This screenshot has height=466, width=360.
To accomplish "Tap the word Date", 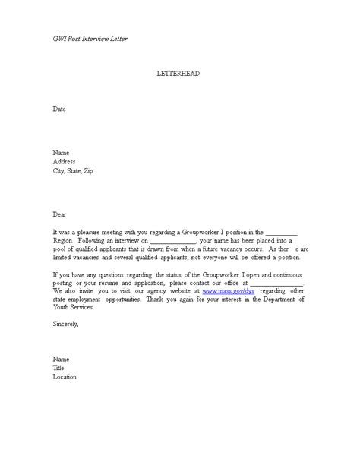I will [x=59, y=109].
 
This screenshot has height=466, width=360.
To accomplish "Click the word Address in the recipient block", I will [x=65, y=161].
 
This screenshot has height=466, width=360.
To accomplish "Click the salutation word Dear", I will [x=60, y=214].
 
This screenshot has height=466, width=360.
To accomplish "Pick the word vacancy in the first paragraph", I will [x=233, y=249].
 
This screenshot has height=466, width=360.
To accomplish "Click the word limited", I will [x=65, y=258].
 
